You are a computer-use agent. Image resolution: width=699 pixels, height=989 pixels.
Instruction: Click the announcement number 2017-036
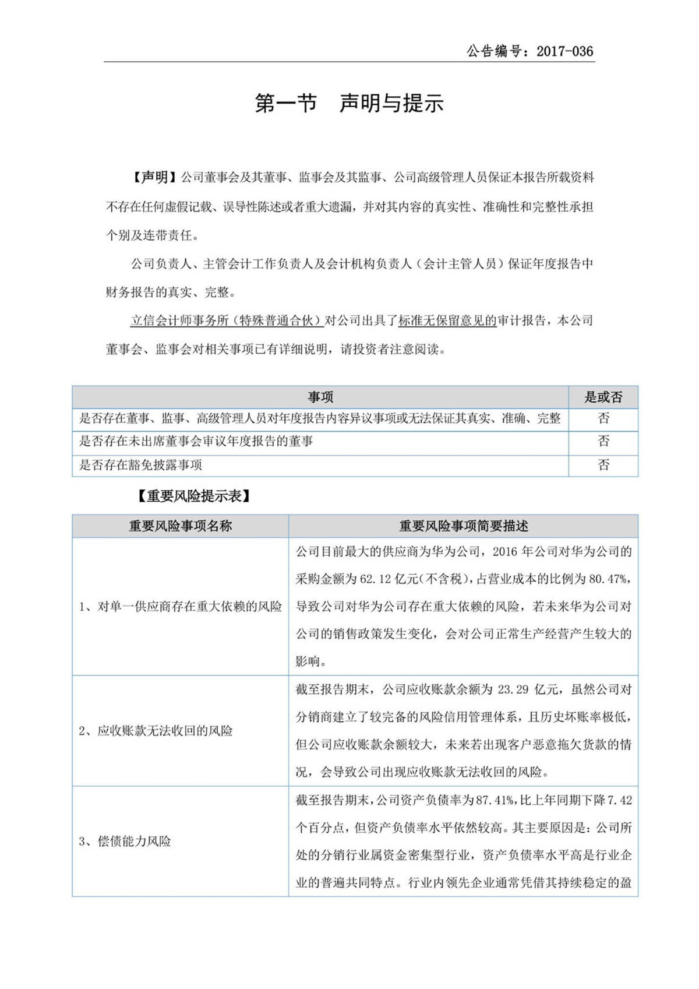click(x=564, y=51)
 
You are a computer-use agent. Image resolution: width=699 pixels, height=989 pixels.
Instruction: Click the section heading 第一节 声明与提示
click(x=349, y=103)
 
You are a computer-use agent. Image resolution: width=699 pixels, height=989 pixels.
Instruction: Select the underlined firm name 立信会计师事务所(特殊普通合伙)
click(x=227, y=321)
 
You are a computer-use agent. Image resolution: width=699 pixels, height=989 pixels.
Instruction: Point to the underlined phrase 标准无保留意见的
click(x=447, y=321)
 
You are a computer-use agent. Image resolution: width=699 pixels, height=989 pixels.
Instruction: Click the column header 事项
click(x=320, y=397)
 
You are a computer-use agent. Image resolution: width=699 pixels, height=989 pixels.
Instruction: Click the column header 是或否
click(x=603, y=397)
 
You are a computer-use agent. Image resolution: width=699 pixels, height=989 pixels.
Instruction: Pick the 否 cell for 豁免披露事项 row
click(x=603, y=465)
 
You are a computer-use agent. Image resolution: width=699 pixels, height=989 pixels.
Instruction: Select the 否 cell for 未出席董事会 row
click(x=603, y=442)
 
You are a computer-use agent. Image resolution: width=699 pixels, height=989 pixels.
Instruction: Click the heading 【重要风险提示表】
click(x=194, y=496)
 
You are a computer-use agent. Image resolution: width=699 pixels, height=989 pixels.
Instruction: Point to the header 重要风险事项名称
click(x=181, y=526)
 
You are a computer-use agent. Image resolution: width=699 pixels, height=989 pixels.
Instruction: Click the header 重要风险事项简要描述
click(x=463, y=526)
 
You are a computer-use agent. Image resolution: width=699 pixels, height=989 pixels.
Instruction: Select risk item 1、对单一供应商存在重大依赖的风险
click(x=181, y=607)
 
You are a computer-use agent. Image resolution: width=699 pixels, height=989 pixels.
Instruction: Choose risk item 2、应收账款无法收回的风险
click(x=156, y=731)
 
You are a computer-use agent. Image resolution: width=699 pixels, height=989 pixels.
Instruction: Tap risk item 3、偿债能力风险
click(x=125, y=842)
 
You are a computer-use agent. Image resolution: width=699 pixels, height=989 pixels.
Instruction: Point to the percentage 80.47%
click(x=609, y=579)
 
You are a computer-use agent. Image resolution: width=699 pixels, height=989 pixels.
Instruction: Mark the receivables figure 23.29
click(x=513, y=690)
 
